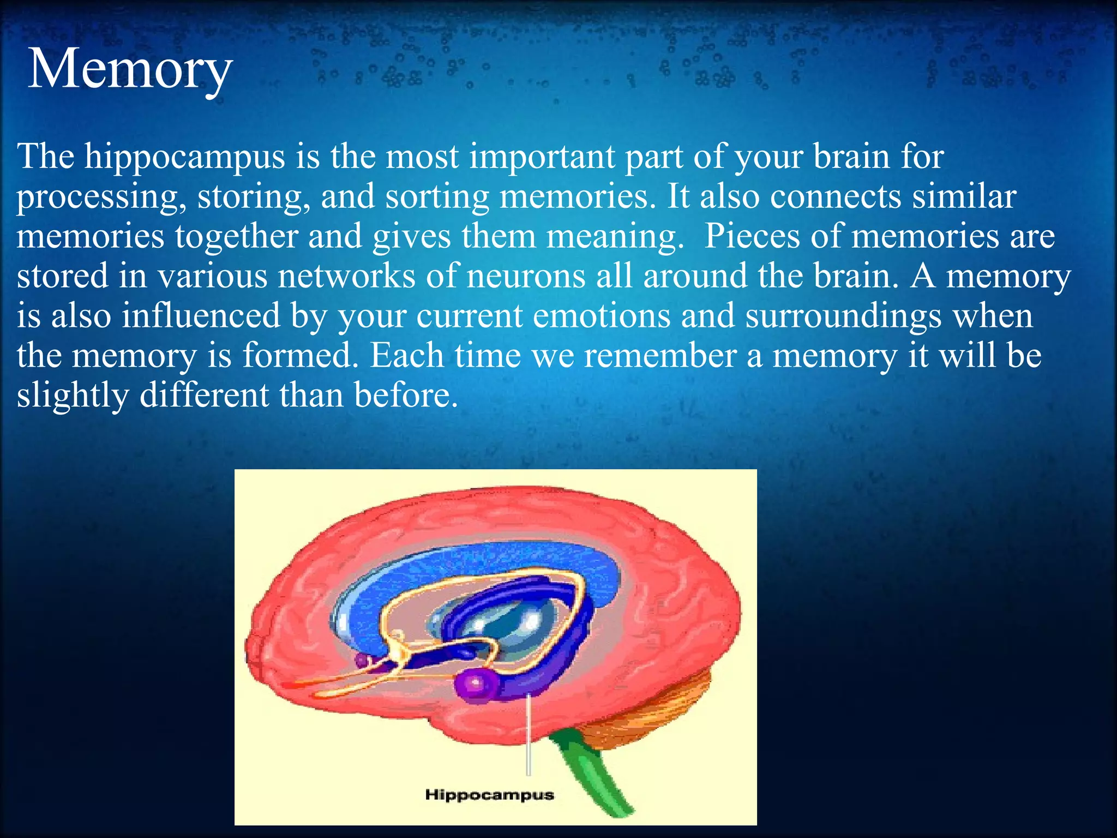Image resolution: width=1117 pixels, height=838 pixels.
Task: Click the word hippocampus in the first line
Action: click(184, 157)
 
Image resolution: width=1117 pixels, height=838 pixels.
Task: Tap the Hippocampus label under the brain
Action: click(489, 795)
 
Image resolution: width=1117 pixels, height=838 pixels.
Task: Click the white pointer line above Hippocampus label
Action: click(528, 737)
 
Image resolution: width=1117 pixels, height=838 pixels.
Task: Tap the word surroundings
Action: click(843, 317)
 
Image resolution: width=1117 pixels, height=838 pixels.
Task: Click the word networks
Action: click(346, 276)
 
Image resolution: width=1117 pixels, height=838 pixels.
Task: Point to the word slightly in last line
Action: click(73, 396)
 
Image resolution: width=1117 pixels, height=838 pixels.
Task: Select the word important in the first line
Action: click(541, 157)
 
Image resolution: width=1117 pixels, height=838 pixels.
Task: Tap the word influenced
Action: click(201, 316)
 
